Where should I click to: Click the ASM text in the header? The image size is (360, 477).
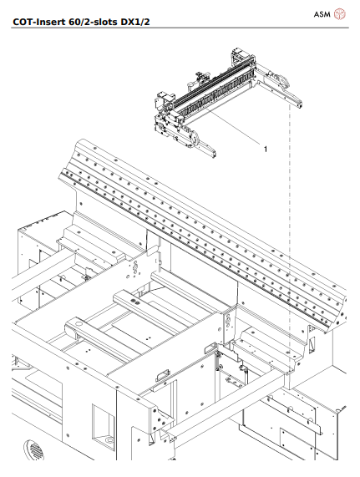click(322, 14)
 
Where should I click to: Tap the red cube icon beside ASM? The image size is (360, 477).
click(340, 14)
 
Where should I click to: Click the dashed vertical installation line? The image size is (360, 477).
click(289, 251)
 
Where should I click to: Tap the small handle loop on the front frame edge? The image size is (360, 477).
click(160, 373)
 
